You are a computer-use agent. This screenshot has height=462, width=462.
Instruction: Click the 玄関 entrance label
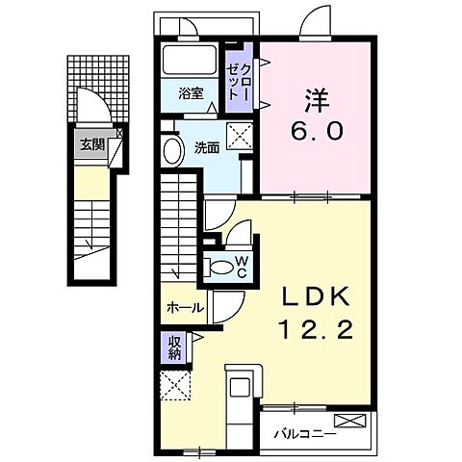pyautogui.click(x=91, y=146)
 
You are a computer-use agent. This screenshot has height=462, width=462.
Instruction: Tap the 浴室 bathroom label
pyautogui.click(x=191, y=94)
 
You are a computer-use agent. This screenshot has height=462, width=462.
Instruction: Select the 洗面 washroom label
pyautogui.click(x=208, y=148)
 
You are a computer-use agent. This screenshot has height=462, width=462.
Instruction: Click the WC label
pyautogui.click(x=242, y=266)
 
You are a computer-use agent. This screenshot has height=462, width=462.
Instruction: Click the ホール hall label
pyautogui.click(x=185, y=308)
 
